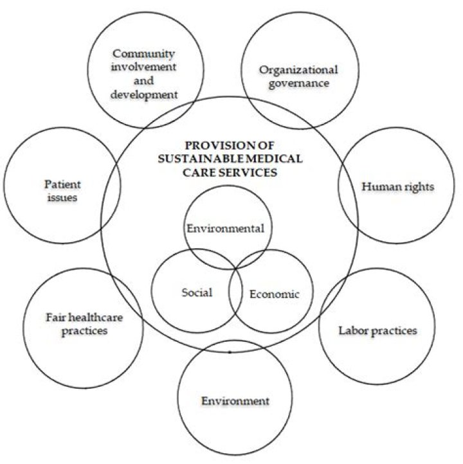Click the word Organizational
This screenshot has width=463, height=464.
(298, 69)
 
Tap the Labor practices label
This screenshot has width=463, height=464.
(377, 330)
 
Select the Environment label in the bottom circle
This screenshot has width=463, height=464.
(235, 402)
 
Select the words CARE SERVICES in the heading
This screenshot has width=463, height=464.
(232, 172)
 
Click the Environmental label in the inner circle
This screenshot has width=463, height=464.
(225, 227)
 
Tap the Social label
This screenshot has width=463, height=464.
(197, 292)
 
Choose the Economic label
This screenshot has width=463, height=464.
(275, 294)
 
